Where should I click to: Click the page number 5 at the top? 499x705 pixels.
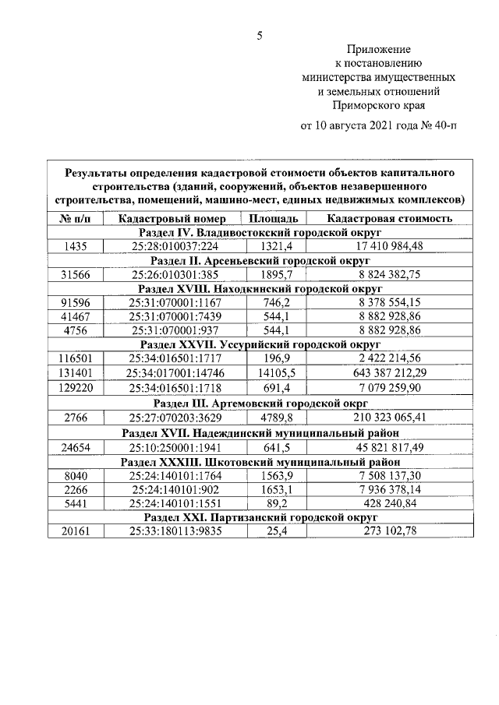[260, 35]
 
